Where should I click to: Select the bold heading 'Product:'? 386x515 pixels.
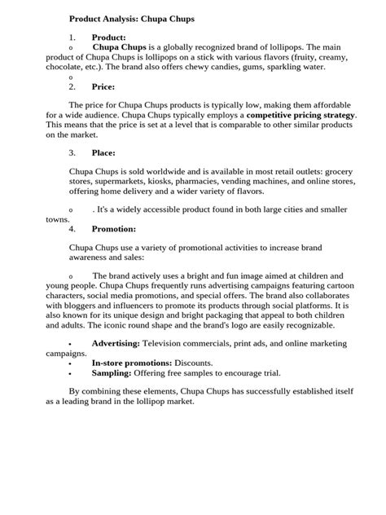pos(108,37)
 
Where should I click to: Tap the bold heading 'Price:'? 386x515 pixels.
pos(103,86)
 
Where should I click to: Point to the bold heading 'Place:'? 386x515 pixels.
pos(103,152)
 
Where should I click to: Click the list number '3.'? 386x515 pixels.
pos(72,152)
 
